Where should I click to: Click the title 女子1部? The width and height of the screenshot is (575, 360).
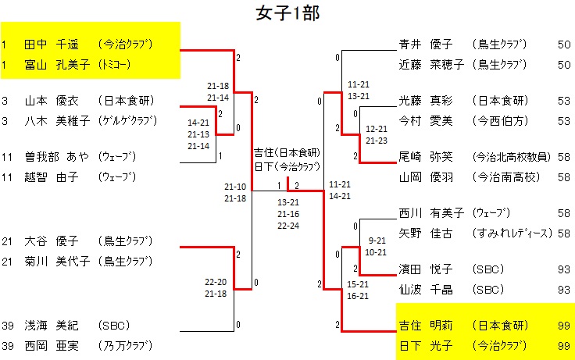pos(287,13)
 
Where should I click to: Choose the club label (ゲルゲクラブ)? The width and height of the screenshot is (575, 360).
pos(128,120)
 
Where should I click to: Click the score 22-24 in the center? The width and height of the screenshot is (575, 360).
pos(289,226)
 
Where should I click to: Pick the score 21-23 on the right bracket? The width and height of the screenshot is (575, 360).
pos(377,141)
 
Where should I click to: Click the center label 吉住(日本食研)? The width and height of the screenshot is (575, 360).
pos(287,152)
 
